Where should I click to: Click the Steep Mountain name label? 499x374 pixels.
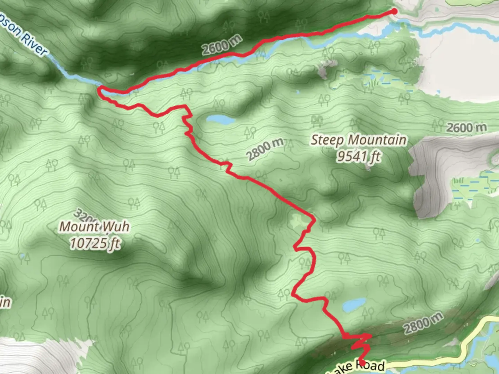358,140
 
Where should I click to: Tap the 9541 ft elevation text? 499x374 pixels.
358,157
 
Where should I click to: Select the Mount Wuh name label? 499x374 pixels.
94,227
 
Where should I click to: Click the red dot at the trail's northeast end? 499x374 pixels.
394,12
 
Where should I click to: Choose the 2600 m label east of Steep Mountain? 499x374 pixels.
466,128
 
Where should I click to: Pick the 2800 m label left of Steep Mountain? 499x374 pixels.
265,149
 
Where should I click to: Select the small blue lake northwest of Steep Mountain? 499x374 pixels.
220,120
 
